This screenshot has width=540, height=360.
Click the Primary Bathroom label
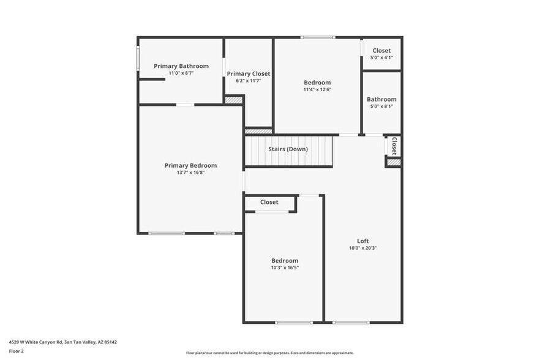[181, 66]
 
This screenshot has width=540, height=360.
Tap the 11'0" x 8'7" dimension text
[181, 73]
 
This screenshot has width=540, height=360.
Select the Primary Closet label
[248, 73]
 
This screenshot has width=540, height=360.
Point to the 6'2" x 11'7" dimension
[248, 81]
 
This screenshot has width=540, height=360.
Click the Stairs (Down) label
[288, 149]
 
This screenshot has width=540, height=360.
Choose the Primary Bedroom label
[190, 165]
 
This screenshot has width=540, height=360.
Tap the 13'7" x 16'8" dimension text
[190, 173]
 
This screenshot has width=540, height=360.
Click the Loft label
[363, 241]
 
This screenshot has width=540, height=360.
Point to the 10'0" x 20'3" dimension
[363, 248]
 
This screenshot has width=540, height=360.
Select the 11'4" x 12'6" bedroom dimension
[317, 89]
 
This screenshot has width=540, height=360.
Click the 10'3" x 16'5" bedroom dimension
[285, 268]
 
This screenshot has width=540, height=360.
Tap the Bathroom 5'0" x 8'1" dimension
[381, 106]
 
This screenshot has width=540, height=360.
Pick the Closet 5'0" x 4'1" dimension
[381, 58]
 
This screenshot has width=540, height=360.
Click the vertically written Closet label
[394, 146]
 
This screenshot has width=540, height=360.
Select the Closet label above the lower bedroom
[269, 202]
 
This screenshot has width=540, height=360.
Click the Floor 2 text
[17, 351]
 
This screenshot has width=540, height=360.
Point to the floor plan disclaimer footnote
[269, 353]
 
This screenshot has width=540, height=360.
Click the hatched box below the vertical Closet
[394, 162]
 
